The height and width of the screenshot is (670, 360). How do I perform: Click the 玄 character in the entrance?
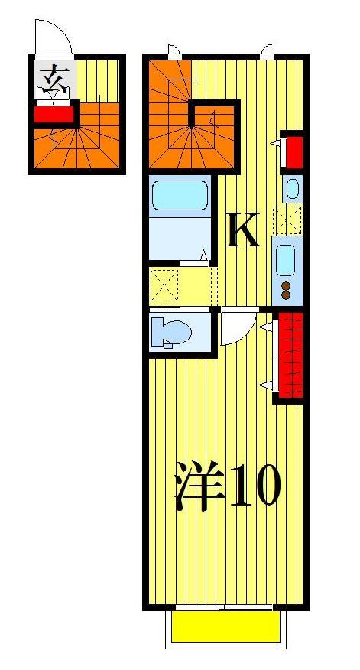[53, 78]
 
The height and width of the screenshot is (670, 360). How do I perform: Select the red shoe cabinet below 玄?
[54, 115]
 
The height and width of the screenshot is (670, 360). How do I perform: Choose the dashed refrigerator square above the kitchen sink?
[290, 220]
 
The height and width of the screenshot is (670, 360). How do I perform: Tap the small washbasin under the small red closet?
[290, 187]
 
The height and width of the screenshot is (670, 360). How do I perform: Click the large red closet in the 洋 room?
[290, 355]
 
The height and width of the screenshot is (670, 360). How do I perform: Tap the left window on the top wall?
[175, 52]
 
